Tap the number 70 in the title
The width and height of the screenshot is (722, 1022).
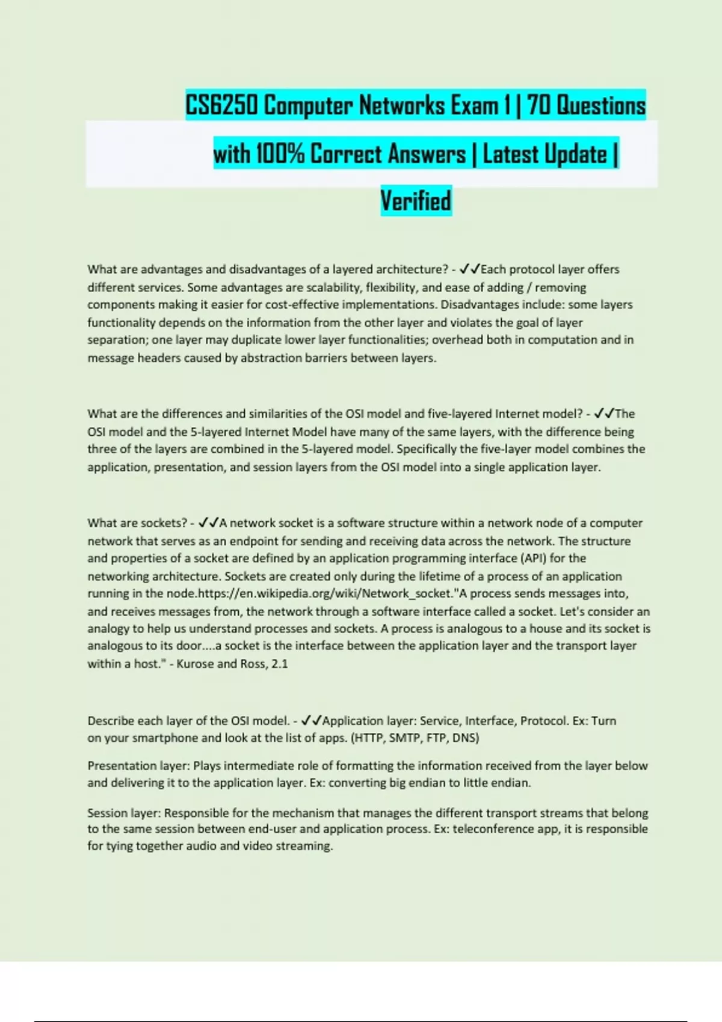(x=540, y=106)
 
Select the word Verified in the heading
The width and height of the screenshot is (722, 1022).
(x=416, y=201)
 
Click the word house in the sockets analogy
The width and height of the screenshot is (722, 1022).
(x=545, y=628)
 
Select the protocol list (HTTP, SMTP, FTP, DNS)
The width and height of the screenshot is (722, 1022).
(x=415, y=738)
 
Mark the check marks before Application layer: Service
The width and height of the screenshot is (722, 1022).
(x=311, y=720)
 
